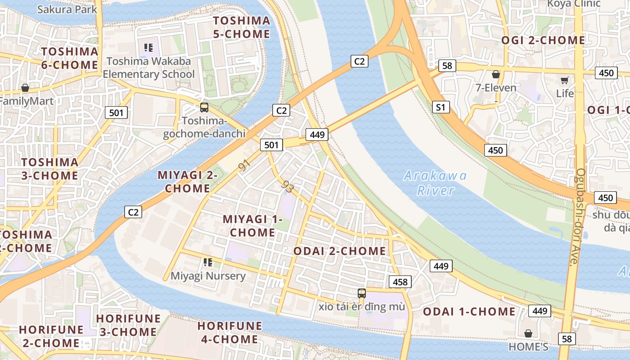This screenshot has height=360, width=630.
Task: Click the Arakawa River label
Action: (435, 183)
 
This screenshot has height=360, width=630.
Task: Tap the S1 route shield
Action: (441, 107)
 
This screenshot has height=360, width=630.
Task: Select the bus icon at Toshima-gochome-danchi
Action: (204, 108)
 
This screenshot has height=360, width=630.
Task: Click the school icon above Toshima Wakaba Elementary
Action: (148, 48)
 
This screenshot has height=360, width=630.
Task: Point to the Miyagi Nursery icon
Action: (207, 262)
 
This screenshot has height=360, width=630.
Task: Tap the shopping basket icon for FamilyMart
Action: (25, 88)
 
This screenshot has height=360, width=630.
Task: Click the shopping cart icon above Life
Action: (564, 81)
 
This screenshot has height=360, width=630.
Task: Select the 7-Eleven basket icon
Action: (496, 74)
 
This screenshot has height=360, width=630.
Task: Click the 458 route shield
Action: (400, 282)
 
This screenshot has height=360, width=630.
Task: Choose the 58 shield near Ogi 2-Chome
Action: (446, 66)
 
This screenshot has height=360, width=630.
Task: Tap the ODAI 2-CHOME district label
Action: (339, 251)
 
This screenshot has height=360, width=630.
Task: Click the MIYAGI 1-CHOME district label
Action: (252, 226)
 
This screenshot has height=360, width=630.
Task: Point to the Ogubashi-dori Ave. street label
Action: (577, 217)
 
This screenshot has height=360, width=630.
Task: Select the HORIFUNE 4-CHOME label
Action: (230, 332)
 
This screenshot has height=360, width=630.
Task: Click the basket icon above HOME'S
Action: (528, 333)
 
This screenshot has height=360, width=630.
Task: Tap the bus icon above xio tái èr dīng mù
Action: (362, 293)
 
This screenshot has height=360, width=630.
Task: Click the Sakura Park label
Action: (67, 9)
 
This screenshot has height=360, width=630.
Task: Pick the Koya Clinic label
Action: (574, 4)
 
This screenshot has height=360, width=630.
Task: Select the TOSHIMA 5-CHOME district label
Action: (242, 27)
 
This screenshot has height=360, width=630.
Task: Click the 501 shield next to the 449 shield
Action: (271, 145)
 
